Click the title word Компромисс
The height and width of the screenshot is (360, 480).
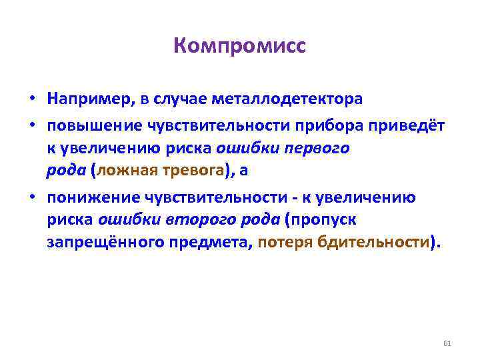[x=239, y=47]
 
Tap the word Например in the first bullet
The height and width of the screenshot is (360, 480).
[x=89, y=100]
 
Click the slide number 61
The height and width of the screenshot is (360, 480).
[x=447, y=343]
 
